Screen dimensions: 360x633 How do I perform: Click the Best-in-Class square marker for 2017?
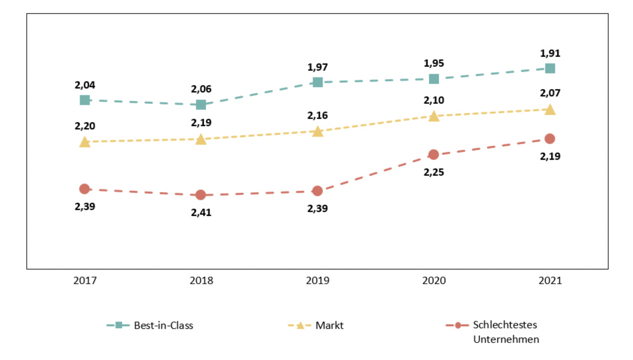tap(85, 100)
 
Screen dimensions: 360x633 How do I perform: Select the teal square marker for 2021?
tap(550, 69)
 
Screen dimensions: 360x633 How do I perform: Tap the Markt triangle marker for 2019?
tap(317, 131)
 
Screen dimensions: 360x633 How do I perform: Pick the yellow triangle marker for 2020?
tap(434, 116)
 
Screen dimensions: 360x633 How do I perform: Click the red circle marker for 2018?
tap(201, 195)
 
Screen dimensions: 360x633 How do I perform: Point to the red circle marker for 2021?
tap(550, 139)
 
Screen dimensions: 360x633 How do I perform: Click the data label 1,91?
tap(550, 53)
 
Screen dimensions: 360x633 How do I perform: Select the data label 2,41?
tap(201, 212)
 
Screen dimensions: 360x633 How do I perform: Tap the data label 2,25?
tap(434, 172)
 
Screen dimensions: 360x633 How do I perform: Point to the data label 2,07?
tap(550, 93)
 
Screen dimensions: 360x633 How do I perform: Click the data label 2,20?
tap(85, 126)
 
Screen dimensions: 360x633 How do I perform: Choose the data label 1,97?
tap(317, 67)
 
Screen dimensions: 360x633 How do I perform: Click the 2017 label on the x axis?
tap(85, 280)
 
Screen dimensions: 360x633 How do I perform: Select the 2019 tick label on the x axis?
tap(317, 280)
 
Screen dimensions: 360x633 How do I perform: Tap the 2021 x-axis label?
tap(550, 280)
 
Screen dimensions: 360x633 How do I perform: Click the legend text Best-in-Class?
tap(163, 325)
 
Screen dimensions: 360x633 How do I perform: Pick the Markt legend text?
tap(329, 325)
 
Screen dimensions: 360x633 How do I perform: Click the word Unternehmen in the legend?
tap(506, 339)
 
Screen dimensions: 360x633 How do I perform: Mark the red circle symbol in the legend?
tap(458, 325)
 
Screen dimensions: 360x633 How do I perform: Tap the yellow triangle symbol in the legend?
tap(300, 326)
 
